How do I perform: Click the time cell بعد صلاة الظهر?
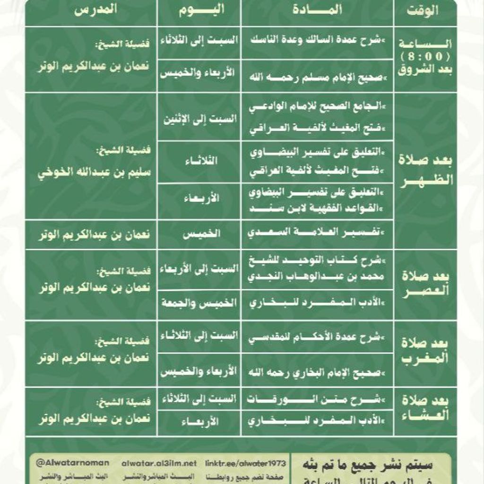(x=425, y=171)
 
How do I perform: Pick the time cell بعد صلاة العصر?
(x=425, y=284)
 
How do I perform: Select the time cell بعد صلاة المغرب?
(x=425, y=353)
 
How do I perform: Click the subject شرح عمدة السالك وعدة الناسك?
(x=317, y=41)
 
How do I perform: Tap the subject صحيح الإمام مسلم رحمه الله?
(x=317, y=75)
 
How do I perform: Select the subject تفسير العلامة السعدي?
(x=317, y=233)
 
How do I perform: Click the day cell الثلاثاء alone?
(x=199, y=160)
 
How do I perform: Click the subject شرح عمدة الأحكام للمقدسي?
(x=317, y=337)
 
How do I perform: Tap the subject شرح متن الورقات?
(x=317, y=399)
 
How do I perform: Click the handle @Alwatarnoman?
(x=72, y=463)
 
